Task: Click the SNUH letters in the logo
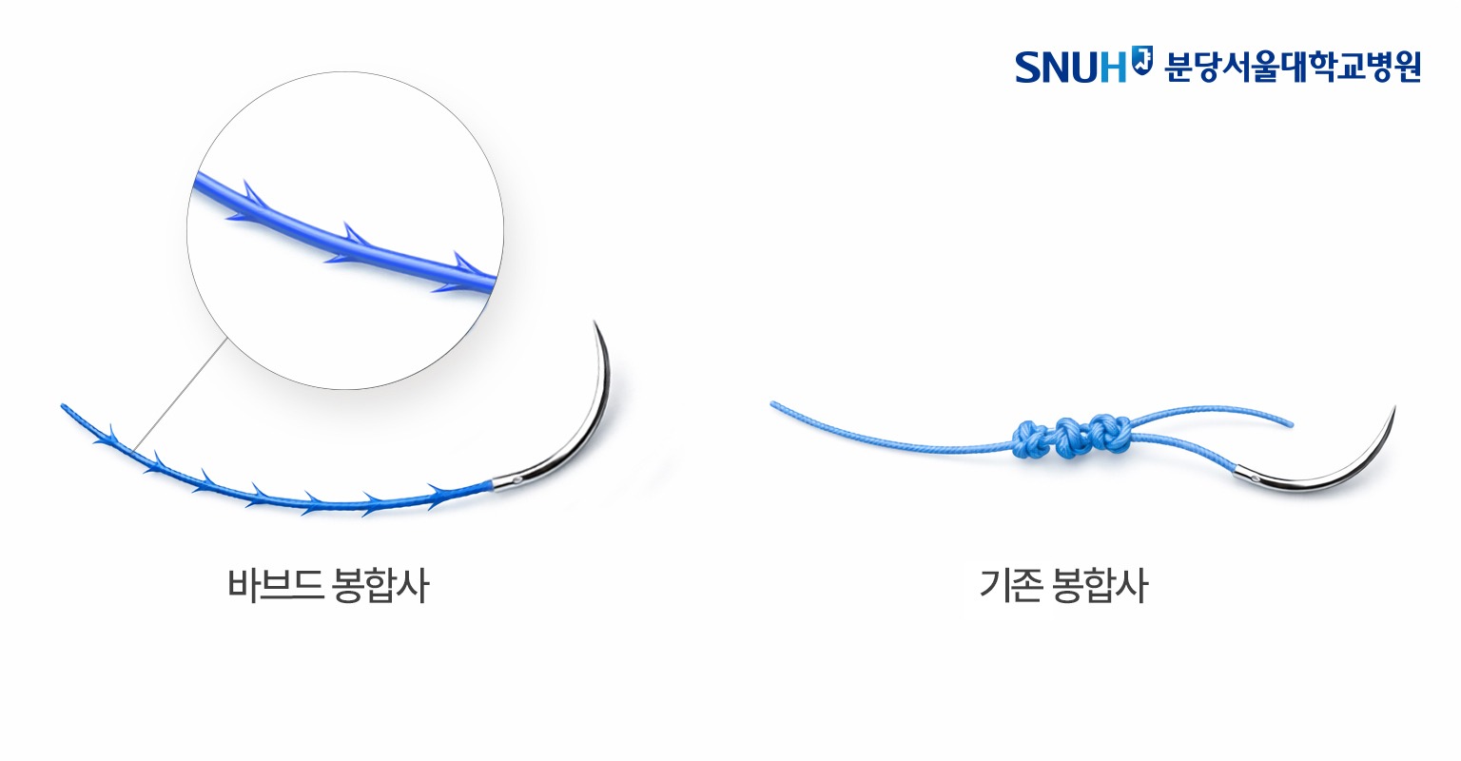click(x=1070, y=67)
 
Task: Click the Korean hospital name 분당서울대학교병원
click(x=1292, y=67)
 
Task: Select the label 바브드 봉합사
click(x=328, y=586)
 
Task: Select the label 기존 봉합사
click(x=1063, y=586)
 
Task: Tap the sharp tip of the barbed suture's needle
click(x=595, y=323)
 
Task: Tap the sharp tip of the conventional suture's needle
click(x=1394, y=408)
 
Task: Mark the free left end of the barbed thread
click(x=64, y=407)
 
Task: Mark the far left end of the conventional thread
click(x=772, y=403)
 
